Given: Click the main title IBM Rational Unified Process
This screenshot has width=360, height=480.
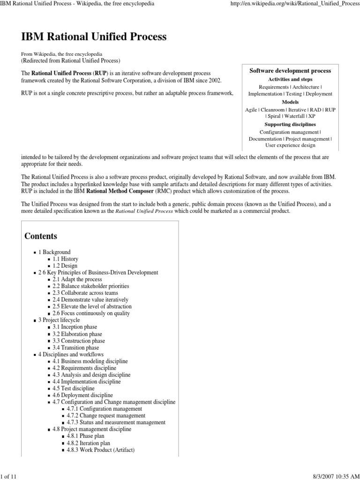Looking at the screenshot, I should click(x=94, y=37).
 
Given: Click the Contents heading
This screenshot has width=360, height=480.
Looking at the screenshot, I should click(x=41, y=236).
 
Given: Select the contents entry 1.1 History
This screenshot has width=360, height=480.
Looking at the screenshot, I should click(x=65, y=259).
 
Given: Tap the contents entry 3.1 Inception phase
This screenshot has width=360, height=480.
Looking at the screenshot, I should click(x=75, y=327).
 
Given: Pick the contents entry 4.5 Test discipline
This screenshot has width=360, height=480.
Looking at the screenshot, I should click(x=73, y=388).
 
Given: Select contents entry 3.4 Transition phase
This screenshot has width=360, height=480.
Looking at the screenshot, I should click(x=75, y=347).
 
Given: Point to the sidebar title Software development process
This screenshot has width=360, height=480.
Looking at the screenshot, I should click(x=290, y=71).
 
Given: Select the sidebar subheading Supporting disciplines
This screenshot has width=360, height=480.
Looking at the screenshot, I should click(x=290, y=125).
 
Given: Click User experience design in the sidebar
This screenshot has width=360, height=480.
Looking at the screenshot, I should click(x=290, y=146).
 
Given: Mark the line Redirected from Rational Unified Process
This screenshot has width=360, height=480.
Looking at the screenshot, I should click(x=71, y=60).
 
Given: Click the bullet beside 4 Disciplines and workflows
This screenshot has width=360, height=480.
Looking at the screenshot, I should click(x=35, y=354).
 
